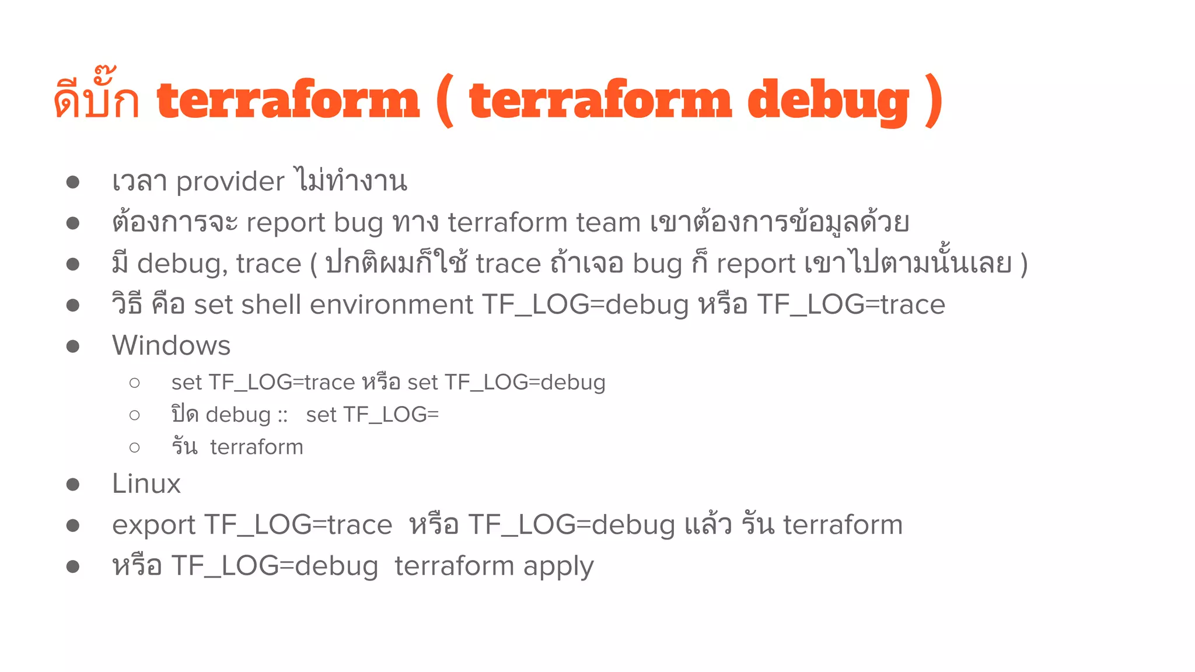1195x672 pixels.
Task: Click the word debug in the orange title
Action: point(828,101)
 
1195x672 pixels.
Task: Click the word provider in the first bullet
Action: point(230,181)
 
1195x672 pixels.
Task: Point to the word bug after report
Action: point(358,223)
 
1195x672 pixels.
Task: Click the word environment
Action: point(392,304)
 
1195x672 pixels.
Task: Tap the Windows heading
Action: point(171,345)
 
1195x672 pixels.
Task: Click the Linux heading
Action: point(146,484)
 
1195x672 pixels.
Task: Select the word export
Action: point(153,525)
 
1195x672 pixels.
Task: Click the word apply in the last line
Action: point(558,566)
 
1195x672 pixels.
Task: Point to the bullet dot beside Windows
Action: point(73,346)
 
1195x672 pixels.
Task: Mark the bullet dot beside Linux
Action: point(73,485)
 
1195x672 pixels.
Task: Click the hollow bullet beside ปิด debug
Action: point(135,415)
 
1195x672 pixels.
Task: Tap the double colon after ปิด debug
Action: point(283,415)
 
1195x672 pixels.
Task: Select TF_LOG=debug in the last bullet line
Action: point(274,566)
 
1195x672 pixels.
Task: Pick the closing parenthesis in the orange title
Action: point(934,101)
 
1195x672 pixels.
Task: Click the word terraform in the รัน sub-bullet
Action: point(257,447)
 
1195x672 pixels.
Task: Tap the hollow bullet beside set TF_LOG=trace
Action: point(135,383)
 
